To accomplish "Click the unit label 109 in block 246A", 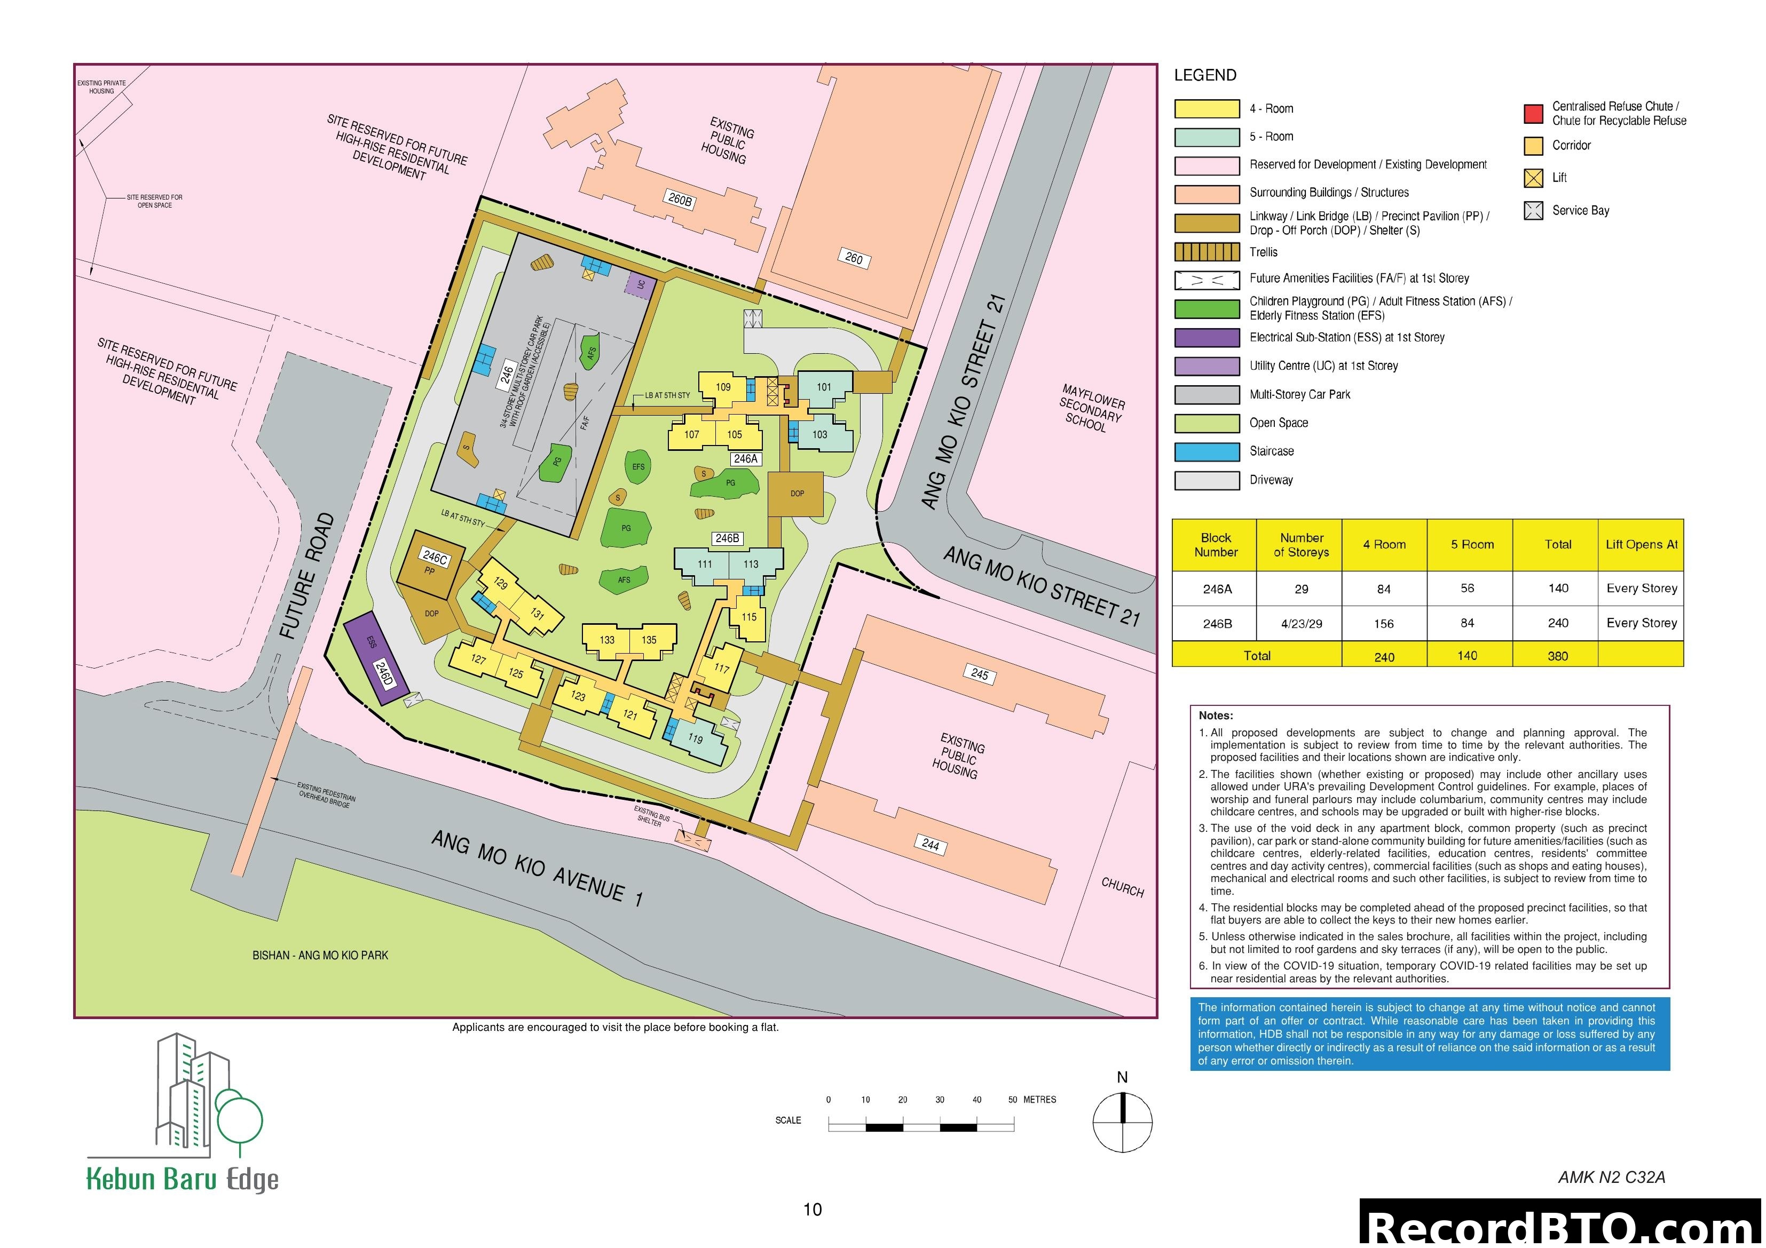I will point(723,387).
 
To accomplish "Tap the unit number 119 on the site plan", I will point(695,738).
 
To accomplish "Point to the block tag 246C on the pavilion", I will point(435,558).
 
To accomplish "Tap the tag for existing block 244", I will point(930,844).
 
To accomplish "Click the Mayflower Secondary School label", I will point(1090,408).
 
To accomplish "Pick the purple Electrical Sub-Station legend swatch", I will point(1206,338).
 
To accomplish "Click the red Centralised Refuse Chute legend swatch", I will point(1533,114).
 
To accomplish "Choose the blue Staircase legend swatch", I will point(1206,451).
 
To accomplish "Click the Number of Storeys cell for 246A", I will point(1300,589).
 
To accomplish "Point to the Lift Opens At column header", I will point(1641,544).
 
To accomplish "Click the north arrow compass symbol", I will point(1122,1123).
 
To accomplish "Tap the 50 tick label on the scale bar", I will point(1013,1100).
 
